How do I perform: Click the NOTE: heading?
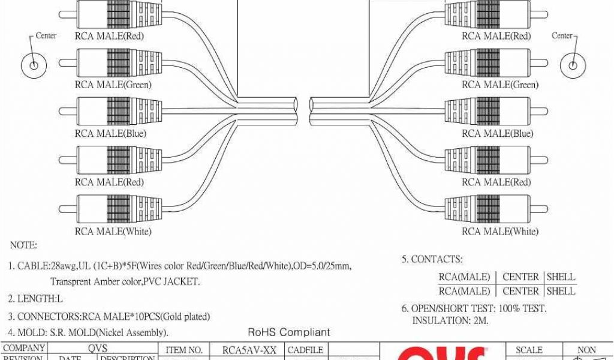tap(24, 245)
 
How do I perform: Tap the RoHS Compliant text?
tap(289, 332)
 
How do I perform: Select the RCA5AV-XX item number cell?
tap(249, 350)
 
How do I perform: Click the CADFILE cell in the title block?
tap(306, 350)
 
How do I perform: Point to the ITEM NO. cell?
tap(184, 350)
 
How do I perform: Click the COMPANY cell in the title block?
tap(24, 348)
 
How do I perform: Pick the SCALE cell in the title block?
tap(529, 350)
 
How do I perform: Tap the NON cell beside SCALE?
tap(586, 350)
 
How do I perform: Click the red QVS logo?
tap(444, 354)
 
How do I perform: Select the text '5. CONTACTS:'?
tap(432, 259)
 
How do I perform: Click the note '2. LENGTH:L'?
tap(35, 298)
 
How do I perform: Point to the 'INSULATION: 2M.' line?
tap(450, 321)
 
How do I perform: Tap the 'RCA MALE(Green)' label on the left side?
tap(113, 85)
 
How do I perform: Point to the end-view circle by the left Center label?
tap(34, 64)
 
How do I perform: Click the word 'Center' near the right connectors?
tap(562, 36)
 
